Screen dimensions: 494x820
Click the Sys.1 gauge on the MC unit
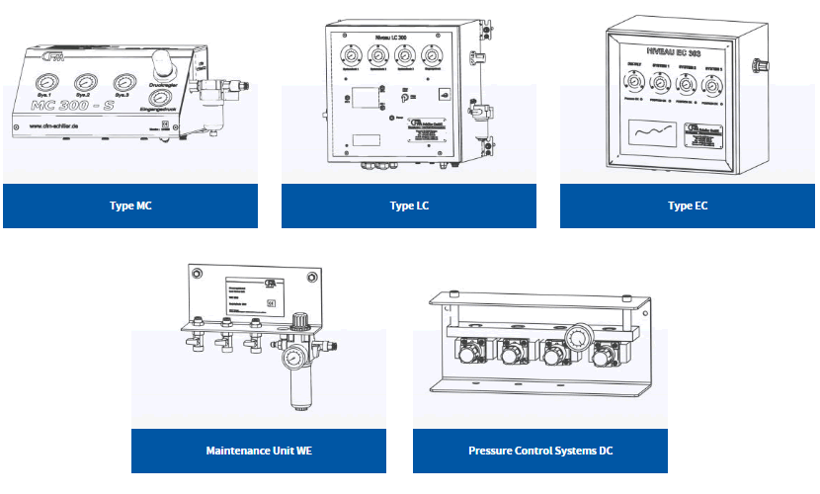[x=46, y=83]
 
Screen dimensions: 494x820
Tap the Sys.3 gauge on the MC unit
[x=124, y=83]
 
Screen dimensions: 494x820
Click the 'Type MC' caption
[x=130, y=206]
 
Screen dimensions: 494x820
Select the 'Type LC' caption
[x=409, y=206]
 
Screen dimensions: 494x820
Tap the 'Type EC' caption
[x=688, y=206]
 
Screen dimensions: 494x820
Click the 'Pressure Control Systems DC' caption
[x=540, y=451]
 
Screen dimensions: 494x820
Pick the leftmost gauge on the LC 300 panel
[x=346, y=55]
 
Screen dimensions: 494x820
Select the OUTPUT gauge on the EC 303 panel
[x=628, y=83]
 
